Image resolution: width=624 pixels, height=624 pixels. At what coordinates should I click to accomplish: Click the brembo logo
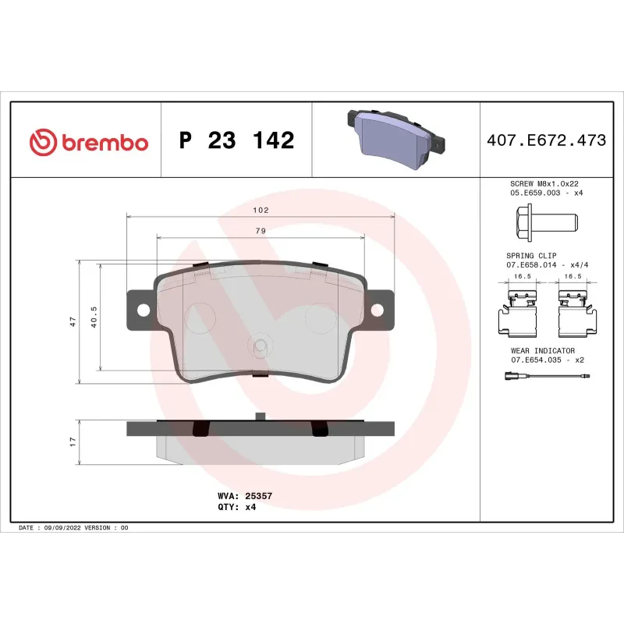(x=88, y=142)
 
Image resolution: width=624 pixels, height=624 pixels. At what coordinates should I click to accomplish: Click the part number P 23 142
(x=236, y=141)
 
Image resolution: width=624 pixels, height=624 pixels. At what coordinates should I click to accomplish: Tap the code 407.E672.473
(x=546, y=141)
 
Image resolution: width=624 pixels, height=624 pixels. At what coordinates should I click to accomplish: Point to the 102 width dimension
(x=261, y=211)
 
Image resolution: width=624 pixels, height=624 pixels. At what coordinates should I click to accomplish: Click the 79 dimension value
(x=261, y=231)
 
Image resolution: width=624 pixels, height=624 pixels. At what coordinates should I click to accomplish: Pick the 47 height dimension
(x=72, y=321)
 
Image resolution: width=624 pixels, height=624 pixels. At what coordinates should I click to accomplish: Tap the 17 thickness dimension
(x=72, y=441)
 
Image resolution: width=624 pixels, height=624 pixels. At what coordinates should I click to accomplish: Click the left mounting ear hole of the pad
(x=143, y=310)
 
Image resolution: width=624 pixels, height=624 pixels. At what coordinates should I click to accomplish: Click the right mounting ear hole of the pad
(x=378, y=310)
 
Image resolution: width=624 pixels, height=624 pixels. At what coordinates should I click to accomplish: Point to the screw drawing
(x=544, y=222)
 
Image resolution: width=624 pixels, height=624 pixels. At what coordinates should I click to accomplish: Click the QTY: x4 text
(x=236, y=506)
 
